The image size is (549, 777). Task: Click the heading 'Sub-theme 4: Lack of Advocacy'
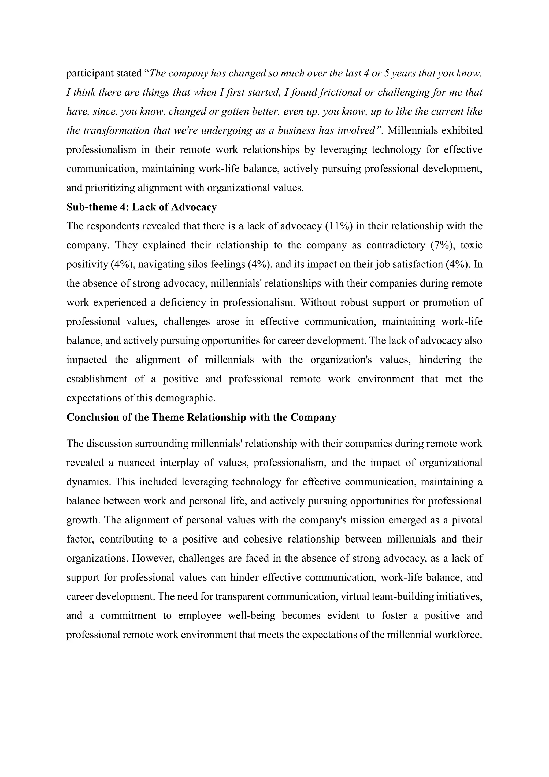click(x=141, y=207)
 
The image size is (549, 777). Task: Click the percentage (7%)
click(x=442, y=245)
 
